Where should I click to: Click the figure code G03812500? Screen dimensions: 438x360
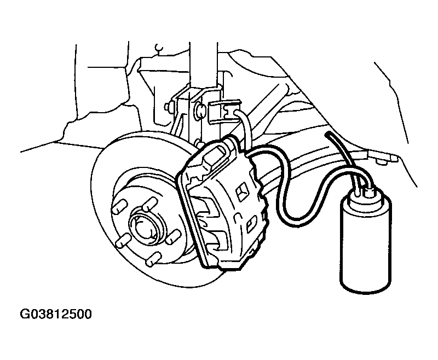56,314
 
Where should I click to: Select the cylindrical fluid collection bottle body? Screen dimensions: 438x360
366,246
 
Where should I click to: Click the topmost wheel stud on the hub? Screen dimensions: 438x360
150,203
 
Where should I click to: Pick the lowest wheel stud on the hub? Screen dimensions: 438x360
153,259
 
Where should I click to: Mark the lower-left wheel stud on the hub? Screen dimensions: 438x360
123,241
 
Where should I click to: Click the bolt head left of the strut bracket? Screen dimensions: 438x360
168,107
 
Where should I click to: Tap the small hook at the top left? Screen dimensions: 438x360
159,48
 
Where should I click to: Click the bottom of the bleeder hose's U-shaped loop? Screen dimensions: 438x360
293,217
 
